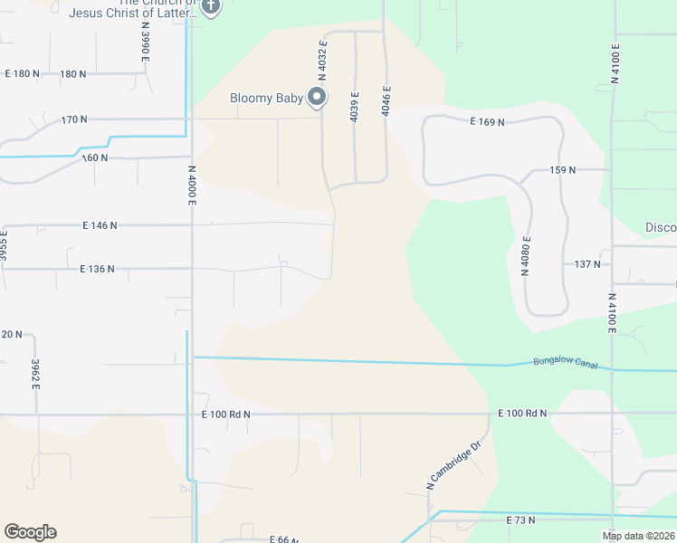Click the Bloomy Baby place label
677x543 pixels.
[x=267, y=98]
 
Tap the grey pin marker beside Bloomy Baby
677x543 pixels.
[x=318, y=97]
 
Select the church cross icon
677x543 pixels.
[x=210, y=7]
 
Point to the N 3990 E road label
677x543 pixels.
[x=144, y=42]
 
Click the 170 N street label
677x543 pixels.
[x=74, y=119]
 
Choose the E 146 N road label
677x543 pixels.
[x=100, y=224]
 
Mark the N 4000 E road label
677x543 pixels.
[x=192, y=184]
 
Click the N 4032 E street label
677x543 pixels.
[x=321, y=62]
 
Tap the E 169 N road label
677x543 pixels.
[x=487, y=120]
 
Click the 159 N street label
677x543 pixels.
[x=562, y=170]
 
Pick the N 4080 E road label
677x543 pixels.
[x=525, y=255]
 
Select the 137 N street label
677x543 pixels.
[x=587, y=264]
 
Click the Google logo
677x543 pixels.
[x=30, y=532]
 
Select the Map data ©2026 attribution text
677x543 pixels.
[x=638, y=536]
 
